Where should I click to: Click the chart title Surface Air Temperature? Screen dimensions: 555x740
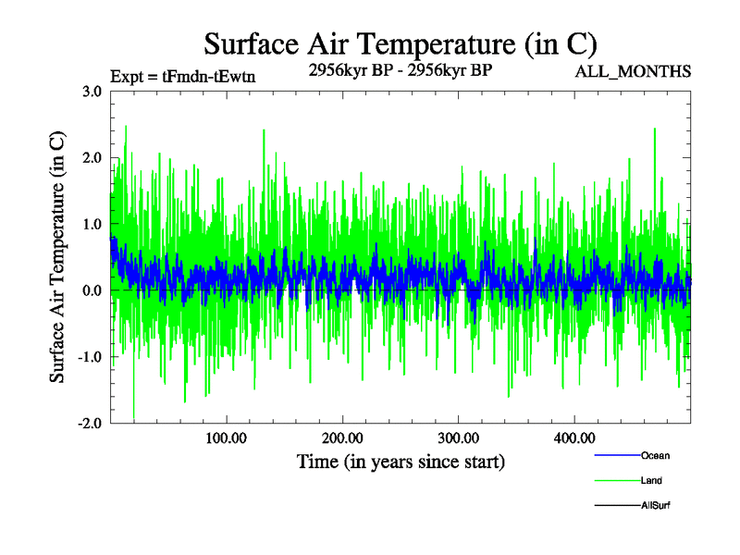point(401,43)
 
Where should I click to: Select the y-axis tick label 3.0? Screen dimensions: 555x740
point(92,92)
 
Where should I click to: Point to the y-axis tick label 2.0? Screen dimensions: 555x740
point(92,158)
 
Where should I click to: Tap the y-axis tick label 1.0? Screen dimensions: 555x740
point(92,225)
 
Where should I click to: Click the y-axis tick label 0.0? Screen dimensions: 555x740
point(92,291)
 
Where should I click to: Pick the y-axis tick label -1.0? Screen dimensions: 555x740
point(89,358)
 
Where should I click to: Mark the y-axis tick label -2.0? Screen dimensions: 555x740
point(89,424)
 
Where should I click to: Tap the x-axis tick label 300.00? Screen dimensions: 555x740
point(458,438)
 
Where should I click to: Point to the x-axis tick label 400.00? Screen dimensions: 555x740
point(573,438)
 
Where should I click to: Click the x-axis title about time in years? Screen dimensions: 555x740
point(401,461)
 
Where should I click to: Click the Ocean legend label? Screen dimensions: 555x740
point(655,456)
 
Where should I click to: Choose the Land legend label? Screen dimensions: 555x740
point(651,481)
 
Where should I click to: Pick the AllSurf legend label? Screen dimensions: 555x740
point(656,506)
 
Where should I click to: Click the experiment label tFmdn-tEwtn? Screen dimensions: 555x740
point(182,77)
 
